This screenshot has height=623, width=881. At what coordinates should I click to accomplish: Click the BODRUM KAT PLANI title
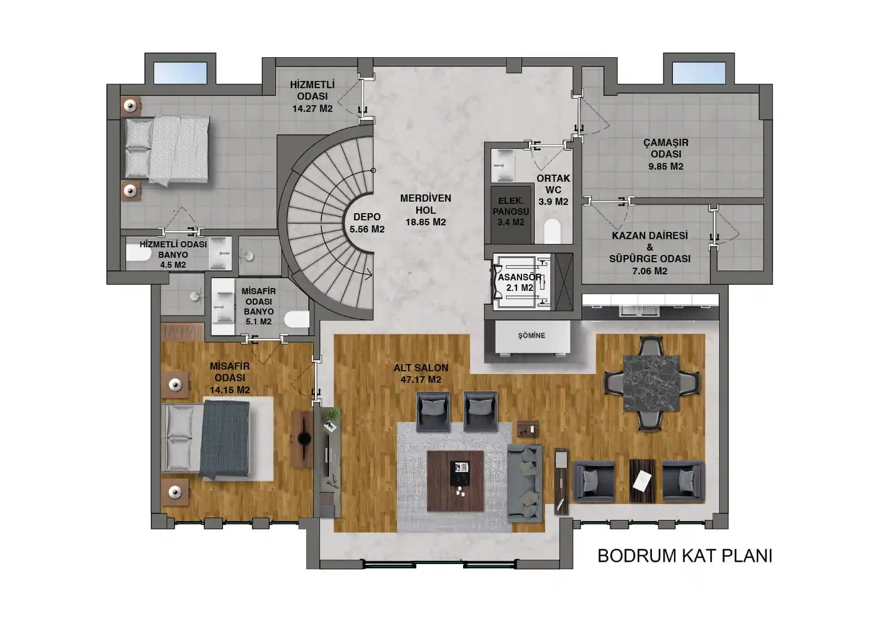pos(685,556)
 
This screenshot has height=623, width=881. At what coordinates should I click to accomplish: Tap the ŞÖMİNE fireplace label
pos(531,335)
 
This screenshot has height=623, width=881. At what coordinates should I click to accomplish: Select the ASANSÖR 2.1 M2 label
pos(520,282)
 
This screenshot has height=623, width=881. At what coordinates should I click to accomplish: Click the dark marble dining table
pos(651,382)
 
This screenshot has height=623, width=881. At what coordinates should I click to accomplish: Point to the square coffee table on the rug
pos(455,481)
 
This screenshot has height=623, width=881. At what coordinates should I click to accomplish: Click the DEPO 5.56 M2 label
pos(367,223)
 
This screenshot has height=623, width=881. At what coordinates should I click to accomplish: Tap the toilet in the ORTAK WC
pos(553,231)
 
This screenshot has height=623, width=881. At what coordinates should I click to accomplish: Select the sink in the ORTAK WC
pos(503,165)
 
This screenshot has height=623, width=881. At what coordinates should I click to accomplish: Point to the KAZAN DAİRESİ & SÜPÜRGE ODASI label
pos(650,253)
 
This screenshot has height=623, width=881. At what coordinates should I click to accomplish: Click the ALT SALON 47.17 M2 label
pos(421,373)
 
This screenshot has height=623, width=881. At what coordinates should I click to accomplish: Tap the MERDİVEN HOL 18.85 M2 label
pos(426,210)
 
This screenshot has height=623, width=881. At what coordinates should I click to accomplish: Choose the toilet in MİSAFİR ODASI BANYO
pos(297,319)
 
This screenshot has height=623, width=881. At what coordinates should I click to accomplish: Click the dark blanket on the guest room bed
pos(225,440)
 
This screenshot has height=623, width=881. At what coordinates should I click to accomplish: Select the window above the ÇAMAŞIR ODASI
pos(699,73)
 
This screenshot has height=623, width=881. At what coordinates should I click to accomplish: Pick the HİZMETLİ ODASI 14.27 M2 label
pos(312,96)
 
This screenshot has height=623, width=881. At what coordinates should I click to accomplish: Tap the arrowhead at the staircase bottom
pos(369,274)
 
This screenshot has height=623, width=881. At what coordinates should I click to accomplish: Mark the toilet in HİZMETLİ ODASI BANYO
pos(138,253)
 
